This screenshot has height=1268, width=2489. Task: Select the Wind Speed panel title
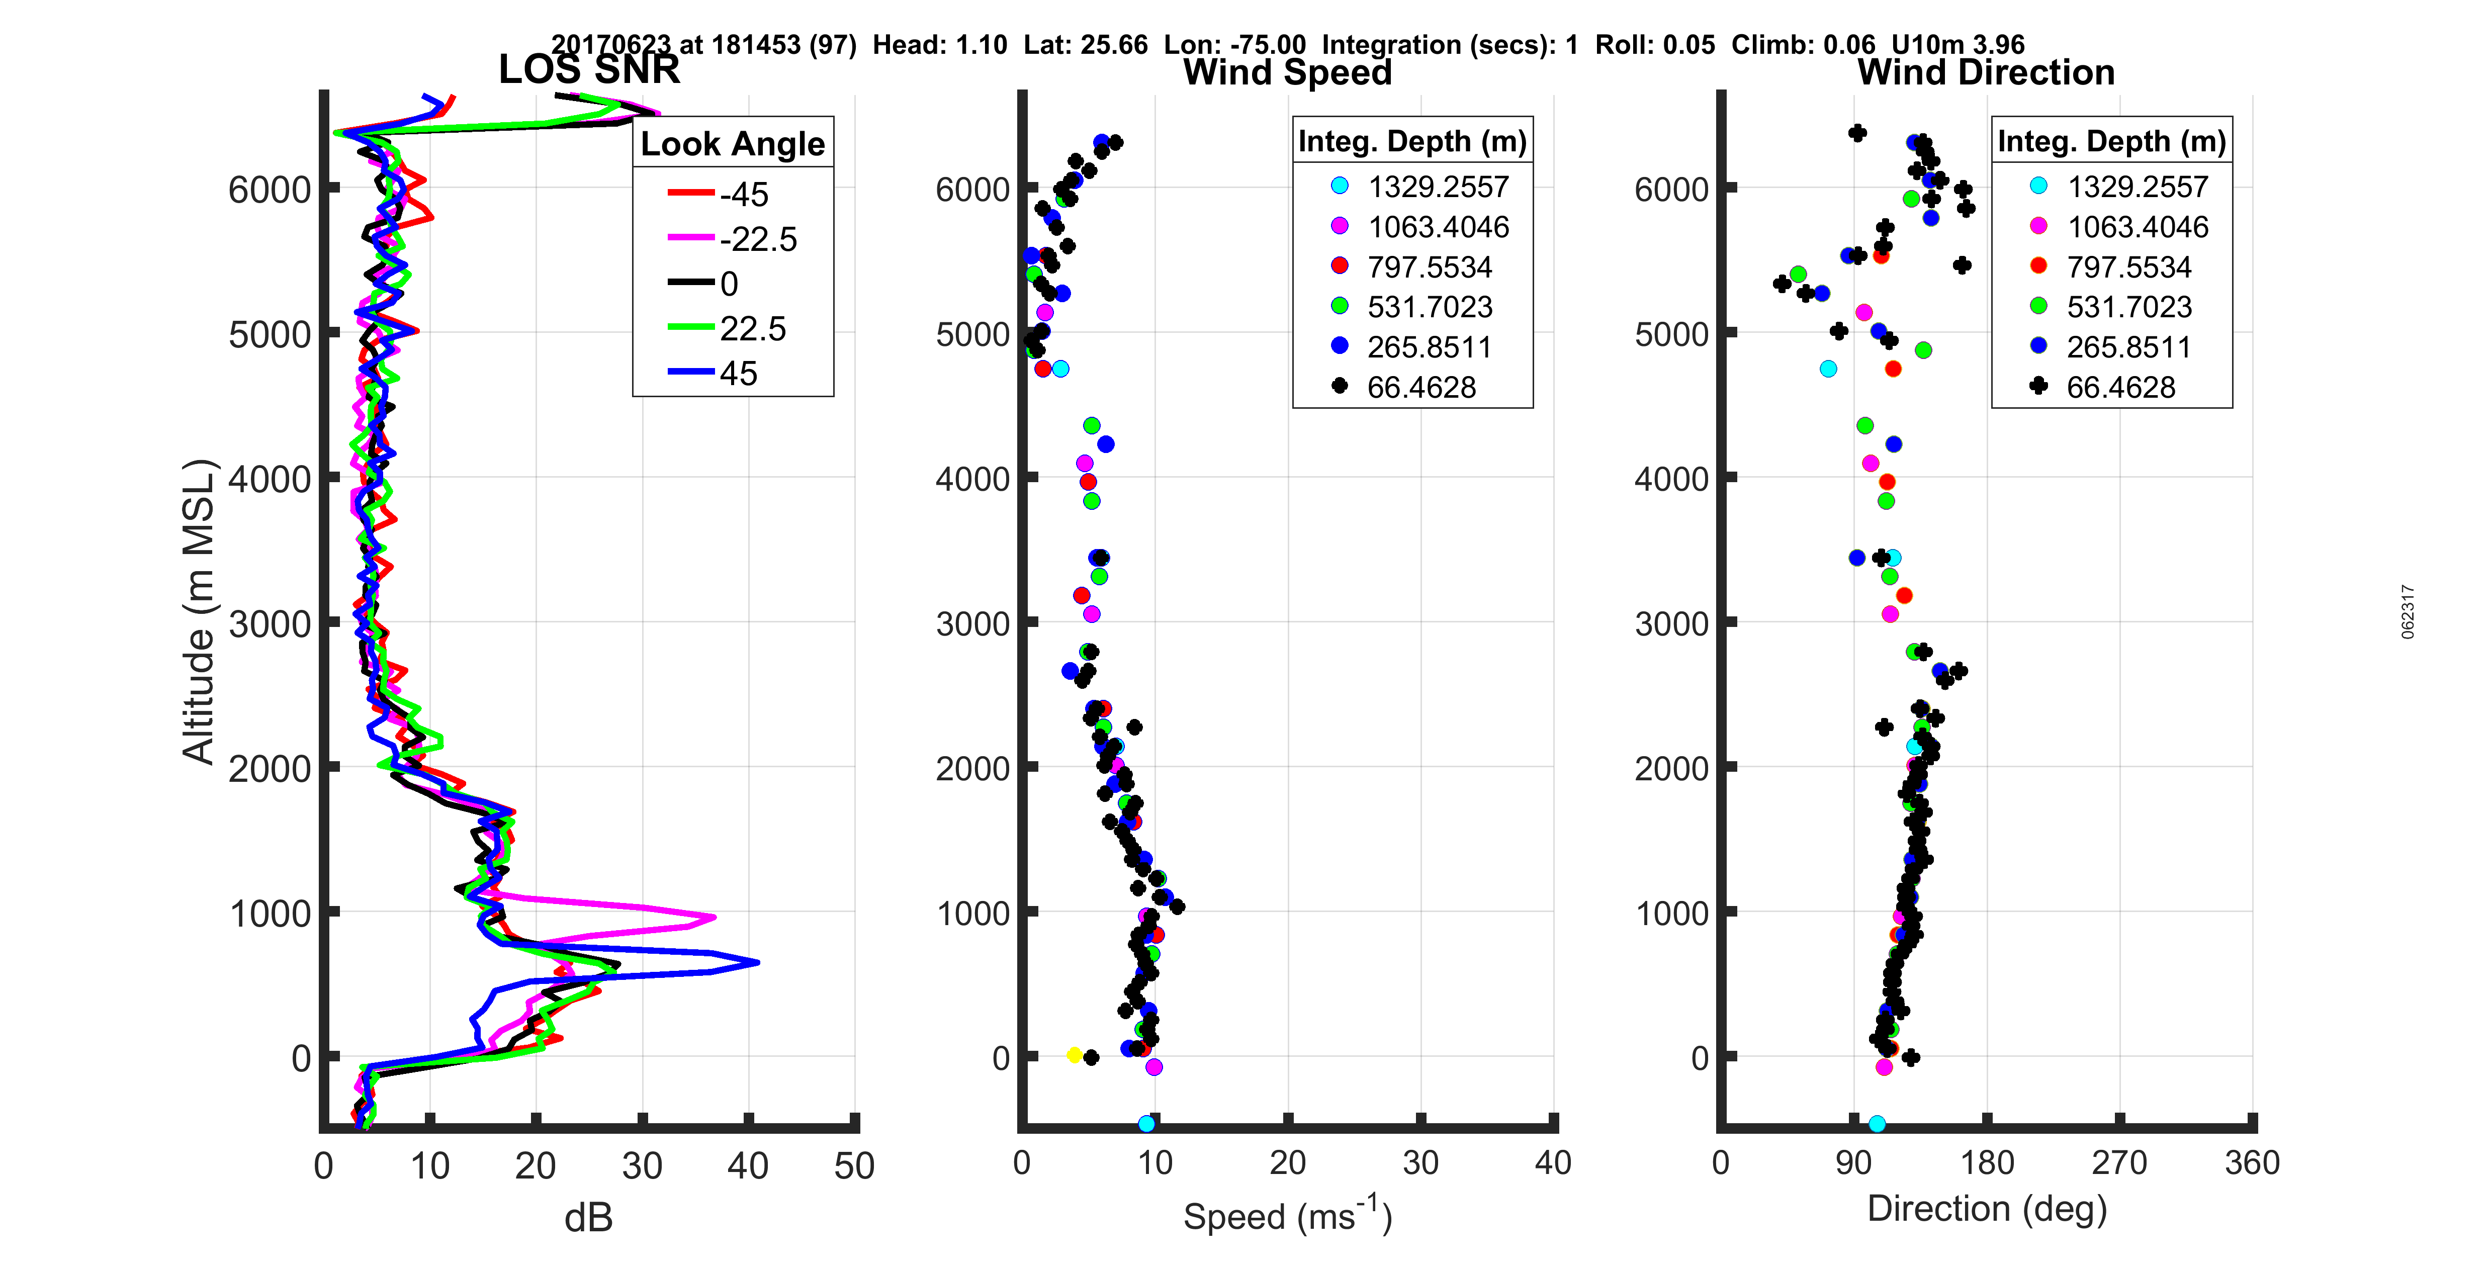click(1287, 72)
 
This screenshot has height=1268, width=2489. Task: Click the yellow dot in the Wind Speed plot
click(1074, 1054)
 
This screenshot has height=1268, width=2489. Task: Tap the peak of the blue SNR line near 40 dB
click(757, 962)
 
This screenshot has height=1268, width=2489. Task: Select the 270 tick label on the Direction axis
click(2119, 1162)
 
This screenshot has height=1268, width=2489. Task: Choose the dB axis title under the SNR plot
click(588, 1218)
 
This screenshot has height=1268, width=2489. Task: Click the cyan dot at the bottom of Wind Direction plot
click(1877, 1123)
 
